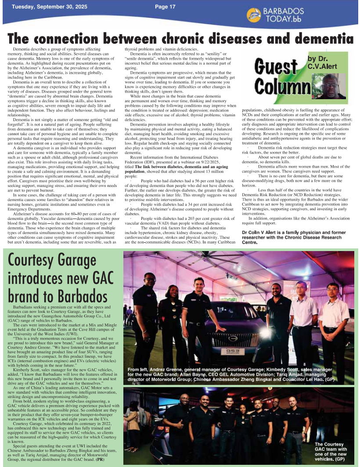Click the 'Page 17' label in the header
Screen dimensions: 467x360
click(165, 7)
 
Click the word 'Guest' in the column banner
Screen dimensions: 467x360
click(276, 68)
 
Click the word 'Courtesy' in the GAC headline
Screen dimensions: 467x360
click(34, 262)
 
